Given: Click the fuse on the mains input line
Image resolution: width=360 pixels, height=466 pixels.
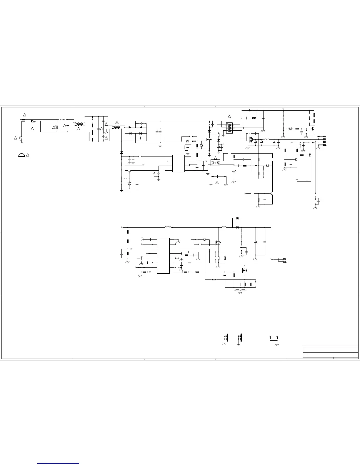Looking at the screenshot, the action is [x=33, y=121].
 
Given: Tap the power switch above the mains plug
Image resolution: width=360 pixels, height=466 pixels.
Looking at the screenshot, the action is [x=20, y=138].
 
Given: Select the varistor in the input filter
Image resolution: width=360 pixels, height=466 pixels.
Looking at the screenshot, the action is [x=57, y=127].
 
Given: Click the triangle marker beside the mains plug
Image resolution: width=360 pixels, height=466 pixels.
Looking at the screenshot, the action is [x=27, y=155].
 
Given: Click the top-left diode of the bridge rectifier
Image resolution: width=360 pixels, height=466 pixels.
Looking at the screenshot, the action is [x=130, y=127].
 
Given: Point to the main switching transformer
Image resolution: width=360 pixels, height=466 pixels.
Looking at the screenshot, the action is [x=228, y=127].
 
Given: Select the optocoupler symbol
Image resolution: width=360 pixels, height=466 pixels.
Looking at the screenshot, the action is [x=216, y=162].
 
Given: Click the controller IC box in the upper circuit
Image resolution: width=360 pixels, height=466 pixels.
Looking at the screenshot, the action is [x=179, y=163].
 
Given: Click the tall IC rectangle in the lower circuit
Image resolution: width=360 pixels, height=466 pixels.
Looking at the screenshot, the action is [x=163, y=256].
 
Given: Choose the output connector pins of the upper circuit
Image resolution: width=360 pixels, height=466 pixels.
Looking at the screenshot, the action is [x=324, y=141].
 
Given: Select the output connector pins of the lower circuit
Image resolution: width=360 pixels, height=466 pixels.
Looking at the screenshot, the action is [x=284, y=260].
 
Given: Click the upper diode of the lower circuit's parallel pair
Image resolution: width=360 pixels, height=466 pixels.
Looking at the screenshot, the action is [x=238, y=218].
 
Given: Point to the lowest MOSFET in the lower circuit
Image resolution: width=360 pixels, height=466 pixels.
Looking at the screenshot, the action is [x=244, y=270].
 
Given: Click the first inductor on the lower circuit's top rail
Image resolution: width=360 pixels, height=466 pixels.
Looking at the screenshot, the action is [x=168, y=227].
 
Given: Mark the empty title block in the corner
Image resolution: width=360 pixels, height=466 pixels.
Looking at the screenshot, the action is [x=331, y=352].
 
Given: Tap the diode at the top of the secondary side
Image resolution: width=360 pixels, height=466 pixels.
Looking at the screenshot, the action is [x=250, y=110].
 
